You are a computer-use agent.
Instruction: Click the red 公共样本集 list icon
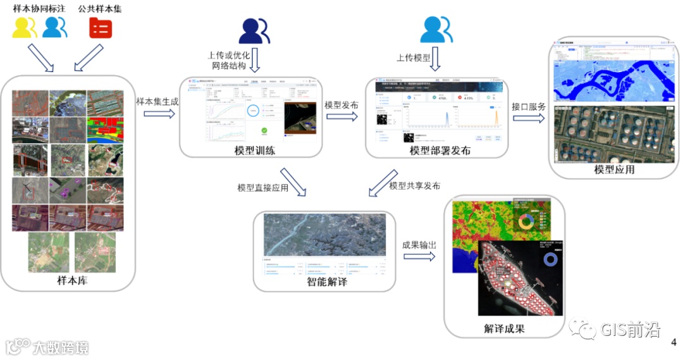(x=100, y=27)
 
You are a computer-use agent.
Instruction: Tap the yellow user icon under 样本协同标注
(x=24, y=27)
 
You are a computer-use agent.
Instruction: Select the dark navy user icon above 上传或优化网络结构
(x=254, y=30)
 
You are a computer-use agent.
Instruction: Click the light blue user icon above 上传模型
(x=436, y=29)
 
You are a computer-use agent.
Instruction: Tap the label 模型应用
(x=614, y=170)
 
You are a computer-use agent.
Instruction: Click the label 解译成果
(x=504, y=328)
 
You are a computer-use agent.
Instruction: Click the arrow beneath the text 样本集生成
(x=159, y=114)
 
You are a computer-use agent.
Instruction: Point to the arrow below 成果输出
(x=420, y=256)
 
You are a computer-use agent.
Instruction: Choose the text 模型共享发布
(x=415, y=186)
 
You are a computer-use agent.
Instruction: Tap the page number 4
(x=674, y=342)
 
